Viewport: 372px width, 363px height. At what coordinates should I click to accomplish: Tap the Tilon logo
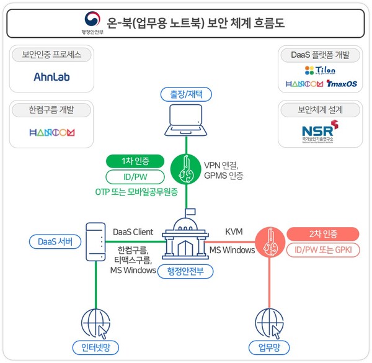pos(320,70)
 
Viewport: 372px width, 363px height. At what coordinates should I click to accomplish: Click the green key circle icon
pos(187,168)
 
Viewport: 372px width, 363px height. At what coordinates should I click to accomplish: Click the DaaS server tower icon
pos(95,242)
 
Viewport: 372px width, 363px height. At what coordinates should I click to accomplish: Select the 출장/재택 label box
pos(186,94)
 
